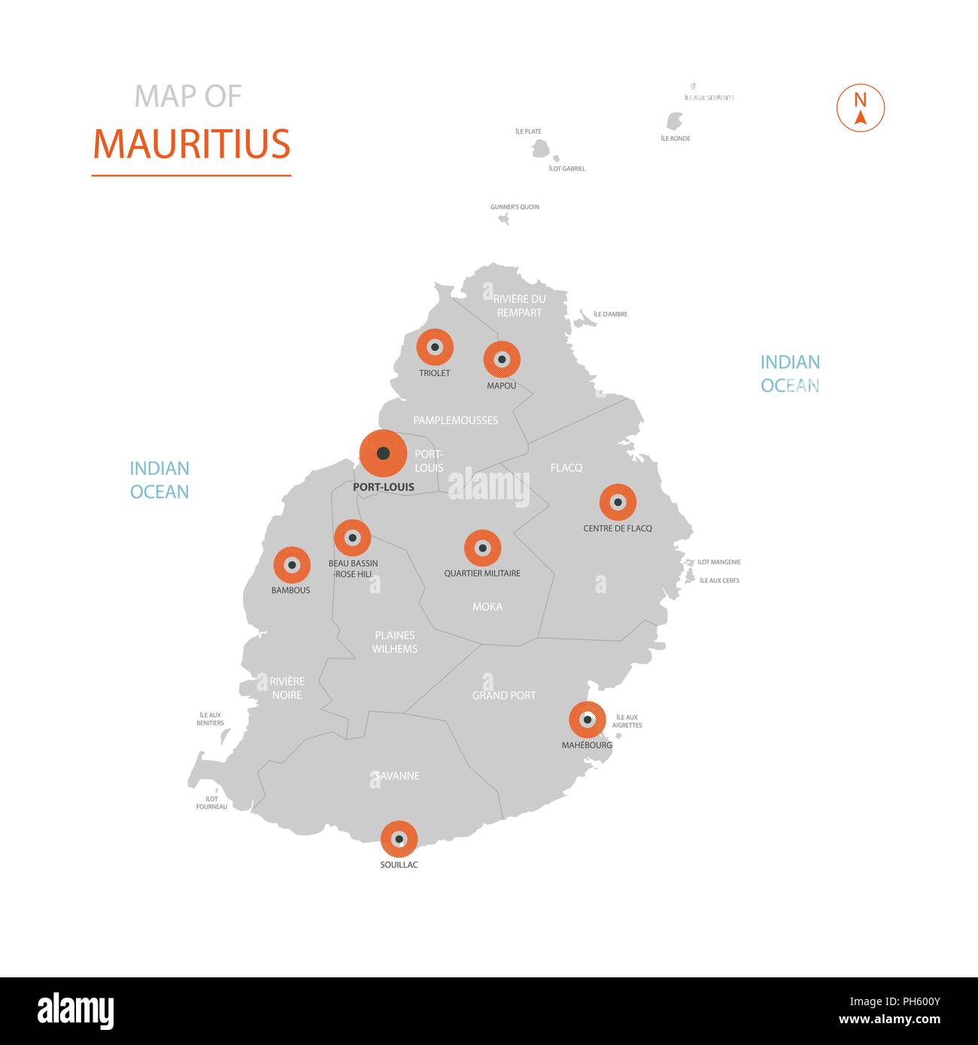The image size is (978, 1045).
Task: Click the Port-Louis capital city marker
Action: click(383, 453)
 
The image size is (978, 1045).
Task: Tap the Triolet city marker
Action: click(435, 347)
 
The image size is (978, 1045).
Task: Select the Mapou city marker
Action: click(502, 359)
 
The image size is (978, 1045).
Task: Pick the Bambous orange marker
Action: click(292, 565)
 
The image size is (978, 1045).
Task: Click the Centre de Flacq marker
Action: click(618, 502)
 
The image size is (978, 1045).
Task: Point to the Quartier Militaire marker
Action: click(482, 548)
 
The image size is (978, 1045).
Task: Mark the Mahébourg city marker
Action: click(588, 719)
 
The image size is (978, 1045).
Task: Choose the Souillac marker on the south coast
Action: click(399, 839)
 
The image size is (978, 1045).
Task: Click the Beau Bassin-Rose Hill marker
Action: click(352, 538)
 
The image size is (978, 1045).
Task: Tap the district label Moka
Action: click(487, 607)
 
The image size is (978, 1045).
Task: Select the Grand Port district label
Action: click(504, 695)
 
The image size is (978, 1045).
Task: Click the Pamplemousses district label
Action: click(455, 420)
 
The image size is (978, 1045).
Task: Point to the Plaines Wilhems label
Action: click(394, 642)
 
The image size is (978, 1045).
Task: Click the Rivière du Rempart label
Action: click(519, 305)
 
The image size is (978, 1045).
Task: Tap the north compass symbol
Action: click(861, 108)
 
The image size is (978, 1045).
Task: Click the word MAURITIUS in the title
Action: click(191, 144)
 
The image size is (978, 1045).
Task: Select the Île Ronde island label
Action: click(676, 138)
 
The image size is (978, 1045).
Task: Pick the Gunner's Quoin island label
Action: click(515, 207)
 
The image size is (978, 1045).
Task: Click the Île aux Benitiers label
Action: click(210, 719)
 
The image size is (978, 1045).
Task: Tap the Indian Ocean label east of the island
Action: click(790, 374)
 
